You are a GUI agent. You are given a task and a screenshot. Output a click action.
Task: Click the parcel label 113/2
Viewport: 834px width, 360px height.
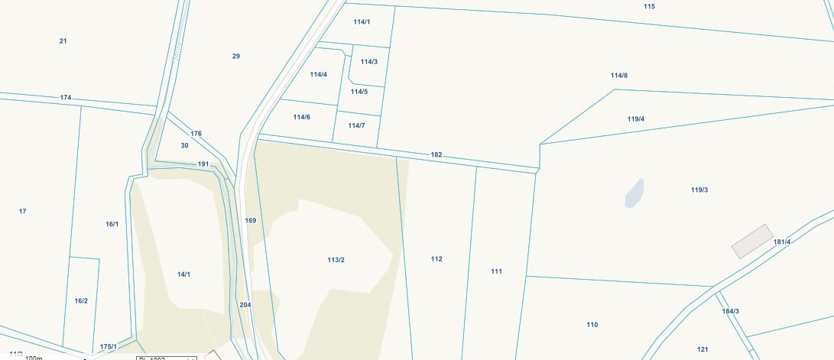[336, 260]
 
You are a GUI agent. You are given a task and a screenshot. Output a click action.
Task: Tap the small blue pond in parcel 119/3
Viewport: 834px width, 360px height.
[634, 193]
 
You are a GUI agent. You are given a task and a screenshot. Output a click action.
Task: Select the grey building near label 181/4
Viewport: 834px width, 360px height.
[752, 241]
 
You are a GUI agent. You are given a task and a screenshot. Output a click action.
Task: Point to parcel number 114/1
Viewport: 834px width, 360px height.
[362, 21]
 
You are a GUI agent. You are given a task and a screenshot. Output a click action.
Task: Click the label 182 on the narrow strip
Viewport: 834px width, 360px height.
[436, 154]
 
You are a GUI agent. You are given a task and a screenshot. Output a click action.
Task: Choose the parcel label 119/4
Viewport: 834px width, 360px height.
[635, 118]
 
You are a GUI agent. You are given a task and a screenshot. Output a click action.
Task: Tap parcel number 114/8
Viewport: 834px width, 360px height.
[618, 75]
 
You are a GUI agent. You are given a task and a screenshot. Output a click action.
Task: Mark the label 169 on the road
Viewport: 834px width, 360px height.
[250, 220]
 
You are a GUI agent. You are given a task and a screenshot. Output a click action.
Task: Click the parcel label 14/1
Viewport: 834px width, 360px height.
[183, 274]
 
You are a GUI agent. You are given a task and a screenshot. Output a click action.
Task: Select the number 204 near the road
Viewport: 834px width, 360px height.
[245, 304]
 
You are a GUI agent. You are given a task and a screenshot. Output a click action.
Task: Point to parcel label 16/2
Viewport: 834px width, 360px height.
[81, 300]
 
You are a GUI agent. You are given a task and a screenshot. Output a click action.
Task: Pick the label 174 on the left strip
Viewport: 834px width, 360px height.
[66, 98]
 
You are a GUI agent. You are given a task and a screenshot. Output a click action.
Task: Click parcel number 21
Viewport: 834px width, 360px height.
[63, 41]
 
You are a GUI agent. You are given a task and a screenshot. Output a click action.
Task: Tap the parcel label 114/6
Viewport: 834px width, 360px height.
[301, 117]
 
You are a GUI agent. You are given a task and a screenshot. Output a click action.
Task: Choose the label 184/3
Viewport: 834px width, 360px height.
[730, 311]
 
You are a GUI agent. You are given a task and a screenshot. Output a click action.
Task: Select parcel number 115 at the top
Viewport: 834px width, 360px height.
[649, 6]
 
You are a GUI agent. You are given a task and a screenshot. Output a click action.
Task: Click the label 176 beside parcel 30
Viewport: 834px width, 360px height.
[196, 134]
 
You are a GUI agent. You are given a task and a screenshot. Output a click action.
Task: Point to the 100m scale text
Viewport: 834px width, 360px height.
[34, 357]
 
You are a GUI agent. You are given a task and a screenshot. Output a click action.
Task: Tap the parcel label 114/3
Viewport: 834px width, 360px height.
[368, 62]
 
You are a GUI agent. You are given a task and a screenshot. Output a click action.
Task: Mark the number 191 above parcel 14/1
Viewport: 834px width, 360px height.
[203, 164]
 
